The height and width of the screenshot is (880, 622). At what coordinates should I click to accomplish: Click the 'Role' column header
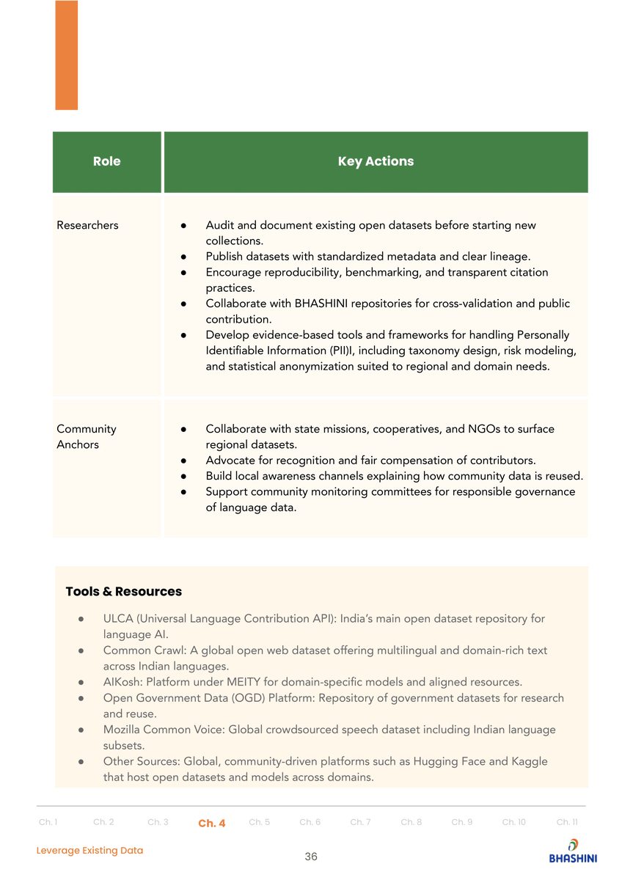(x=106, y=161)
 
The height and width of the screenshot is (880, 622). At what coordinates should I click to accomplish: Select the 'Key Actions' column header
(x=376, y=161)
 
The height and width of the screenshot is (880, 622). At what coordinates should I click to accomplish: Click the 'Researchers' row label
(x=87, y=225)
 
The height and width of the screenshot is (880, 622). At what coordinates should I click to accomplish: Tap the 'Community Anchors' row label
(x=86, y=436)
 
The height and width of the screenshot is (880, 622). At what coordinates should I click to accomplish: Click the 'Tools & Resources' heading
(x=123, y=591)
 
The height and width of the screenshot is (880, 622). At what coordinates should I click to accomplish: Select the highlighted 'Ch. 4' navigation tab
(x=211, y=823)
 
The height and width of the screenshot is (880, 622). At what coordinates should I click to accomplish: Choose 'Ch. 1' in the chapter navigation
(x=48, y=822)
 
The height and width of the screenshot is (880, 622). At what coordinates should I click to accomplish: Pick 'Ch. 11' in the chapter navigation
(x=567, y=822)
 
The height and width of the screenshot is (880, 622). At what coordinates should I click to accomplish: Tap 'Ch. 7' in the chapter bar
(x=360, y=822)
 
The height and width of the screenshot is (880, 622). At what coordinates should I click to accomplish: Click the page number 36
(x=311, y=857)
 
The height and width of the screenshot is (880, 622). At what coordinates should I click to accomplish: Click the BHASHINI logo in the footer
(x=573, y=851)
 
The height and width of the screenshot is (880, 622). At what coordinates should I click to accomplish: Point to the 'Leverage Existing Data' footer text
(x=90, y=851)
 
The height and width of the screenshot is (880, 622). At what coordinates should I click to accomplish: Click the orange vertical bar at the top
(x=66, y=55)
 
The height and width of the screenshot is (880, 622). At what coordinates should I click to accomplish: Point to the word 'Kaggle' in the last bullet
(x=530, y=761)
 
